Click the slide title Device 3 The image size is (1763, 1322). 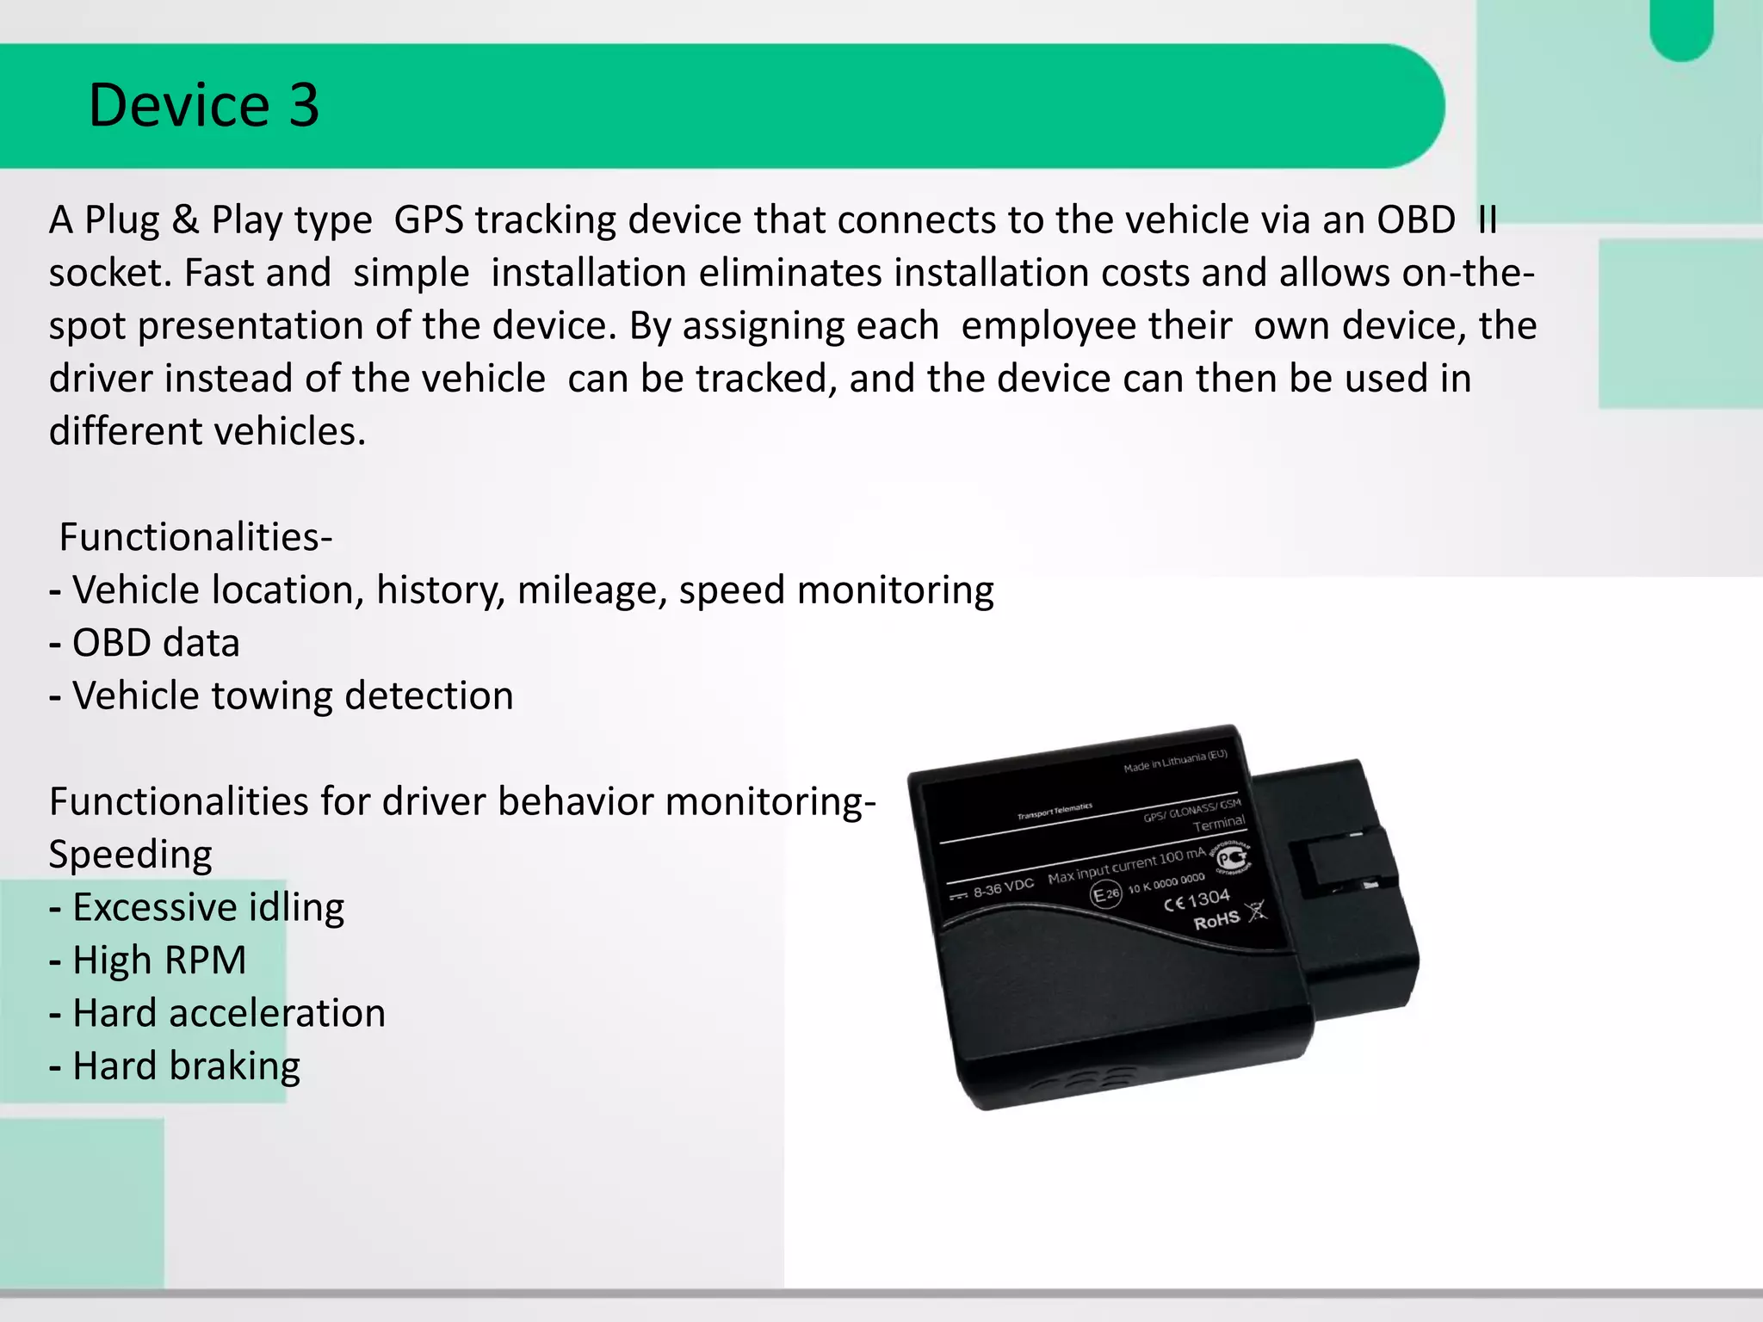203,106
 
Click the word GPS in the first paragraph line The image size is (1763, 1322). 431,220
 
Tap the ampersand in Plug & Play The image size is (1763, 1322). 185,220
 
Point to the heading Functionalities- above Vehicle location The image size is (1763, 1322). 195,537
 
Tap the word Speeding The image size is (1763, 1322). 130,855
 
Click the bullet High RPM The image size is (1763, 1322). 159,961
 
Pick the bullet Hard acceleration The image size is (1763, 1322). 228,1014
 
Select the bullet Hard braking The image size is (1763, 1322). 186,1066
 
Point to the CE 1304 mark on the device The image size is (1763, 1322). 1197,900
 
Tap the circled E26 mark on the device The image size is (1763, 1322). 1106,894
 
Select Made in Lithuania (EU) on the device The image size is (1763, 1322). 1175,761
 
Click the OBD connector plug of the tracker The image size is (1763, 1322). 1343,886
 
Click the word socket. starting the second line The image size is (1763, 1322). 112,274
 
